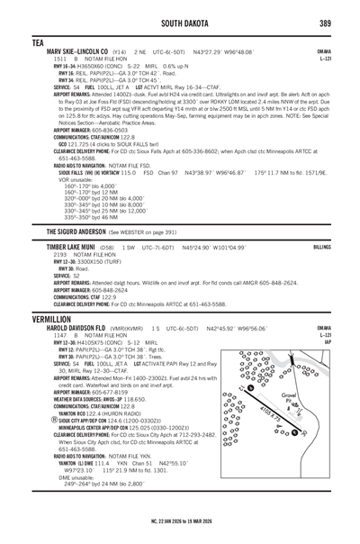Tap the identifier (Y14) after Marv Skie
120,52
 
